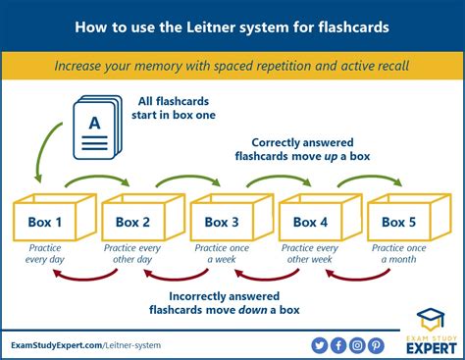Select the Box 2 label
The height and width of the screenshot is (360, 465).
pyautogui.click(x=133, y=223)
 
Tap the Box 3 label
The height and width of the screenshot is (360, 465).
pyautogui.click(x=222, y=223)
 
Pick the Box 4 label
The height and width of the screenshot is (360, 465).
pyautogui.click(x=310, y=223)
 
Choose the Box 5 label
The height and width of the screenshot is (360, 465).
pyautogui.click(x=398, y=223)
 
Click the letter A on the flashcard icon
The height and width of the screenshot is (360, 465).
pyautogui.click(x=95, y=125)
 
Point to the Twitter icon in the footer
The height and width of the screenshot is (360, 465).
pyautogui.click(x=319, y=344)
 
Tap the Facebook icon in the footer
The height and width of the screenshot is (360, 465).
pyautogui.click(x=338, y=344)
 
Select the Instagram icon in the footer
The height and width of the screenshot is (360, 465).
pyautogui.click(x=357, y=344)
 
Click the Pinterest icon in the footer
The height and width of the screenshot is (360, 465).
pyautogui.click(x=377, y=344)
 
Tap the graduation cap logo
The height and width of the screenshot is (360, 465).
pyautogui.click(x=429, y=320)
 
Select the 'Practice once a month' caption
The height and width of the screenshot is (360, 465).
pyautogui.click(x=398, y=253)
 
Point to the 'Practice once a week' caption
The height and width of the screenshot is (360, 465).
pyautogui.click(x=222, y=253)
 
